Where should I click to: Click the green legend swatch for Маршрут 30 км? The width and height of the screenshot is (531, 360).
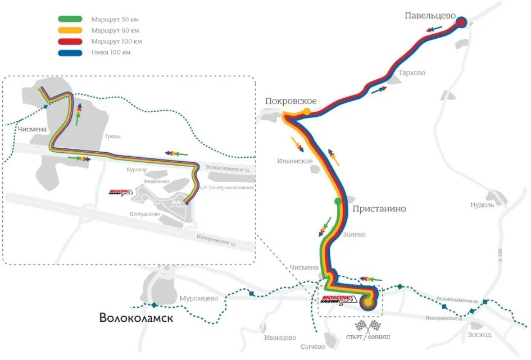click(x=70, y=19)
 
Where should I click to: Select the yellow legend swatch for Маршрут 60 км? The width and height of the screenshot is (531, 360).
click(x=70, y=30)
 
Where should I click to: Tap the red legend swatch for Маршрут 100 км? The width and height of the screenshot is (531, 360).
click(x=70, y=42)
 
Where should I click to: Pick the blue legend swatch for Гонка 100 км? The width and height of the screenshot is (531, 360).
click(x=70, y=53)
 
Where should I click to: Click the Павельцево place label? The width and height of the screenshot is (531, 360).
click(x=429, y=16)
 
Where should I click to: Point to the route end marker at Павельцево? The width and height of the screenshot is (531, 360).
click(x=462, y=23)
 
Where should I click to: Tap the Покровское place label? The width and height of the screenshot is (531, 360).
click(x=291, y=101)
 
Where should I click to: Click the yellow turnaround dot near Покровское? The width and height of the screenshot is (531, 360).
click(x=307, y=111)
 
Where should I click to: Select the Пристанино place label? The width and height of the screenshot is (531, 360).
click(x=379, y=209)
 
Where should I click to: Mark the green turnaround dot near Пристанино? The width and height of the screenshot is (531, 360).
click(x=338, y=201)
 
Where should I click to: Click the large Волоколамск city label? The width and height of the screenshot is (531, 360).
click(x=136, y=318)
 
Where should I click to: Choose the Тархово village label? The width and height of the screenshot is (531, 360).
click(x=411, y=73)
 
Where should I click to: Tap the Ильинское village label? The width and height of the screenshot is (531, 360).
click(x=294, y=161)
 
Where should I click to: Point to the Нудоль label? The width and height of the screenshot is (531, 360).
click(x=482, y=205)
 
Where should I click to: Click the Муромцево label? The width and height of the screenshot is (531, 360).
click(x=198, y=299)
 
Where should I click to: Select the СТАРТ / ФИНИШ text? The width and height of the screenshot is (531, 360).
click(x=365, y=338)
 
